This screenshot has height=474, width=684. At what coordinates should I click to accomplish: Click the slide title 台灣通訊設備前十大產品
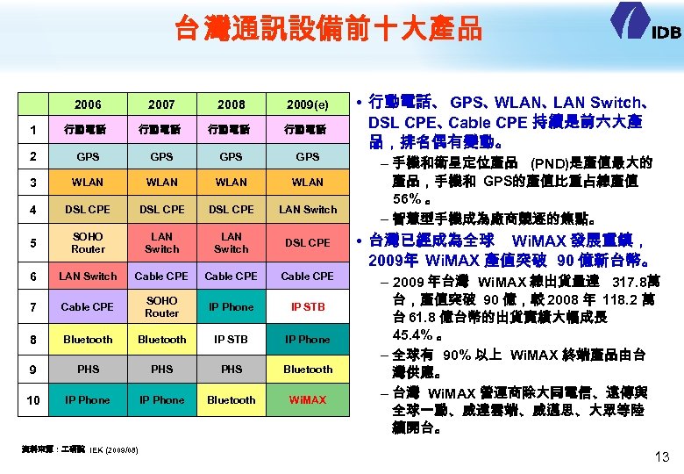click(328, 29)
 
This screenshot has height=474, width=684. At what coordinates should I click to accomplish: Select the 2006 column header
click(88, 104)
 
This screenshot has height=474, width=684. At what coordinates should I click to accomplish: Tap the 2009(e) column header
click(308, 104)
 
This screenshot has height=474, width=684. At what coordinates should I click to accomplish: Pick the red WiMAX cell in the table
click(308, 400)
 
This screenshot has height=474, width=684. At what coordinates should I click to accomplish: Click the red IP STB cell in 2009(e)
click(308, 307)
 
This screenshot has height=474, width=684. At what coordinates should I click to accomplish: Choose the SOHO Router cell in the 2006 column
click(88, 242)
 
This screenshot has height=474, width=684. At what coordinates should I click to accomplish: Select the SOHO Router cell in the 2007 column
click(161, 307)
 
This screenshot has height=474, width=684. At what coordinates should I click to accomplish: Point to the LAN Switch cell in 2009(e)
click(308, 210)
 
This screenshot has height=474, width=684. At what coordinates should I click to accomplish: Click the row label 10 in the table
click(33, 401)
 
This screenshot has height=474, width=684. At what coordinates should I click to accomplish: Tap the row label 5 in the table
click(33, 243)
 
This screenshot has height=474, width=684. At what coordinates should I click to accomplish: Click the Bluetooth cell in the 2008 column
click(232, 400)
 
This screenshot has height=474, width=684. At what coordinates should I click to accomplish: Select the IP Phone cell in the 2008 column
click(232, 307)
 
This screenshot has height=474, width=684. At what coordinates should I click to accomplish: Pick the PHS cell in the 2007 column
click(161, 370)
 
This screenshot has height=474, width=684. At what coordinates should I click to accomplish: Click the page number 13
click(662, 456)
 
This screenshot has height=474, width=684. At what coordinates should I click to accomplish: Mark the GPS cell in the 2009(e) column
click(308, 157)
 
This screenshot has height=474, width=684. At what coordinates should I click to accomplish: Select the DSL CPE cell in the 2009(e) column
click(308, 243)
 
